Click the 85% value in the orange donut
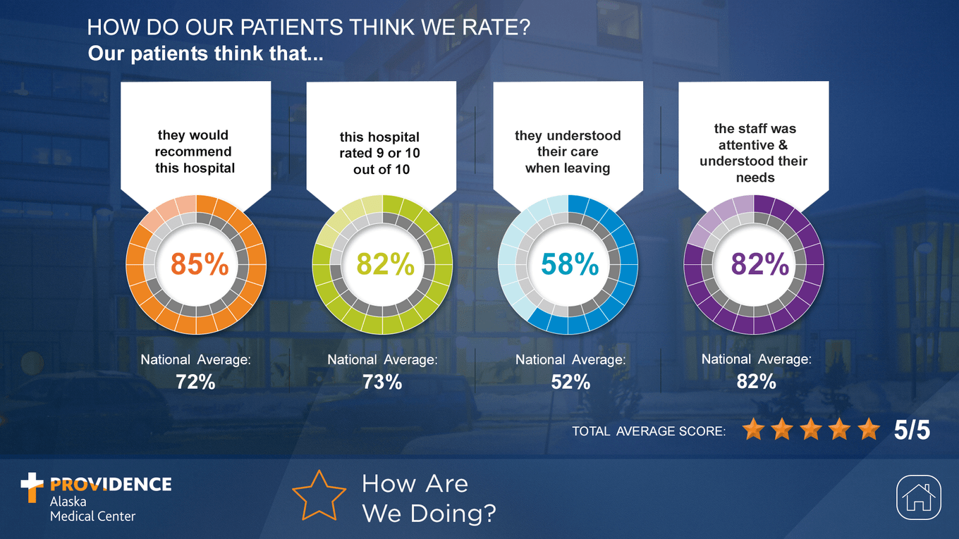click(x=200, y=264)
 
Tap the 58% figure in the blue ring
click(x=570, y=264)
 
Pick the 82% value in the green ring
click(x=385, y=264)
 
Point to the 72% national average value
click(x=195, y=382)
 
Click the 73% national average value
click(x=382, y=382)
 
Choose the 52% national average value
click(x=570, y=382)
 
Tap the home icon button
click(x=920, y=497)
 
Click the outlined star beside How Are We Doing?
click(x=319, y=495)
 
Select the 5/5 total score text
click(x=912, y=430)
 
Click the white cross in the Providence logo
click(x=32, y=487)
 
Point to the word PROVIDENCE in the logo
click(x=111, y=484)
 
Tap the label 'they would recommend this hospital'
click(x=195, y=151)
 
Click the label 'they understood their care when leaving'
click(x=568, y=151)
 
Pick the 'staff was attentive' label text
click(x=754, y=153)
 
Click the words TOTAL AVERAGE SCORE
click(x=649, y=431)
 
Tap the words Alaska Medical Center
click(x=92, y=509)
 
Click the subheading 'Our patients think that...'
click(x=205, y=54)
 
